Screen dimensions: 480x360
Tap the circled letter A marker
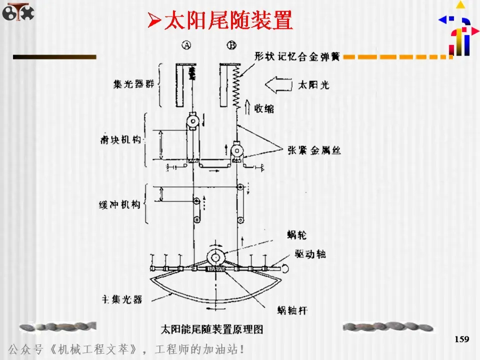(186, 45)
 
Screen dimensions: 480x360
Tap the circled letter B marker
(231, 45)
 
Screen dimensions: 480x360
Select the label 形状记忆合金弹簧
(297, 57)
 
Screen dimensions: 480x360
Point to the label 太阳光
(314, 84)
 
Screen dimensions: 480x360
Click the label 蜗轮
(293, 234)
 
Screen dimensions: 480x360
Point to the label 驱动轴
(310, 254)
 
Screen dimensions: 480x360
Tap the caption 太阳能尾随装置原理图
(212, 329)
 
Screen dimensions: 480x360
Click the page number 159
(462, 339)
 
